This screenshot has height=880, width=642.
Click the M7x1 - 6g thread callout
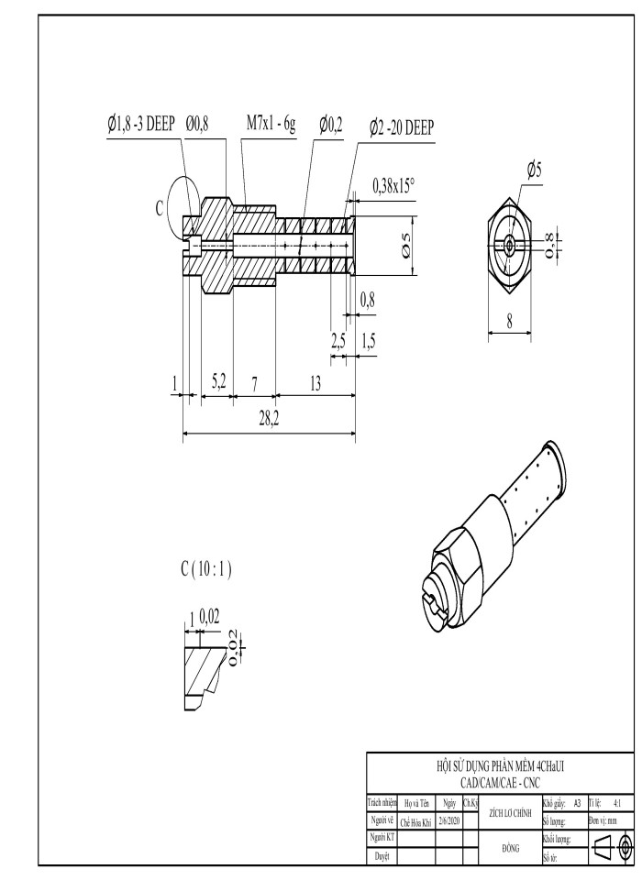coord(271,125)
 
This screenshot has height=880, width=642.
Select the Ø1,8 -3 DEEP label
coord(141,125)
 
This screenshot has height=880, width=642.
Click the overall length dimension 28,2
coord(269,420)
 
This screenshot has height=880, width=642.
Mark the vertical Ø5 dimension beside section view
coord(406,245)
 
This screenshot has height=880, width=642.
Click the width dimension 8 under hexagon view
coord(510,322)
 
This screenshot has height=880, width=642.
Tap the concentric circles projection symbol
coord(625,843)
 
